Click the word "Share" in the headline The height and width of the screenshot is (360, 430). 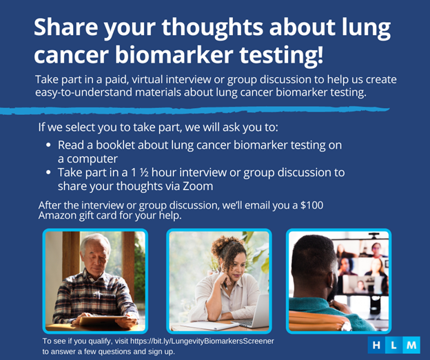[66, 27]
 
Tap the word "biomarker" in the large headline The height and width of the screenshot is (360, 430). [174, 55]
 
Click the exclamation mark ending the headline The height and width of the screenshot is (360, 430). [320, 55]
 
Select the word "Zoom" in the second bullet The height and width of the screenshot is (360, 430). [198, 187]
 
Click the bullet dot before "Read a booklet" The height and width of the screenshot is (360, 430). [48, 145]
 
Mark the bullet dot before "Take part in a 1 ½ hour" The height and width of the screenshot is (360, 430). [48, 173]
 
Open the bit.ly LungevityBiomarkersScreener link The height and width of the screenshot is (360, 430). [202, 341]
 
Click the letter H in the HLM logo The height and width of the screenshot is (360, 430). [376, 346]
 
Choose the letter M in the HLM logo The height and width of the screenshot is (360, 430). [411, 346]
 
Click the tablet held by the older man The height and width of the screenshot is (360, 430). [103, 321]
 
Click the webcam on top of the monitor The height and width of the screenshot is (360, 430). [373, 235]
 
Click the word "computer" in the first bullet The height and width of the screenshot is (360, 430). [92, 159]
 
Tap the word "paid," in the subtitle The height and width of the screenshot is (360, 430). [117, 80]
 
